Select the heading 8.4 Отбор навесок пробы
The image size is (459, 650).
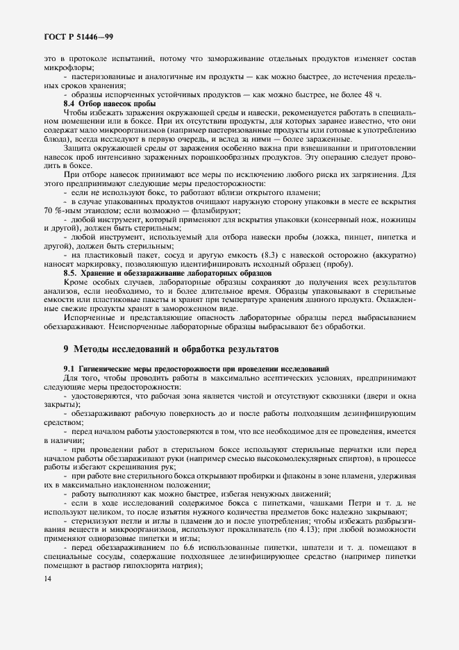click(110, 103)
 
